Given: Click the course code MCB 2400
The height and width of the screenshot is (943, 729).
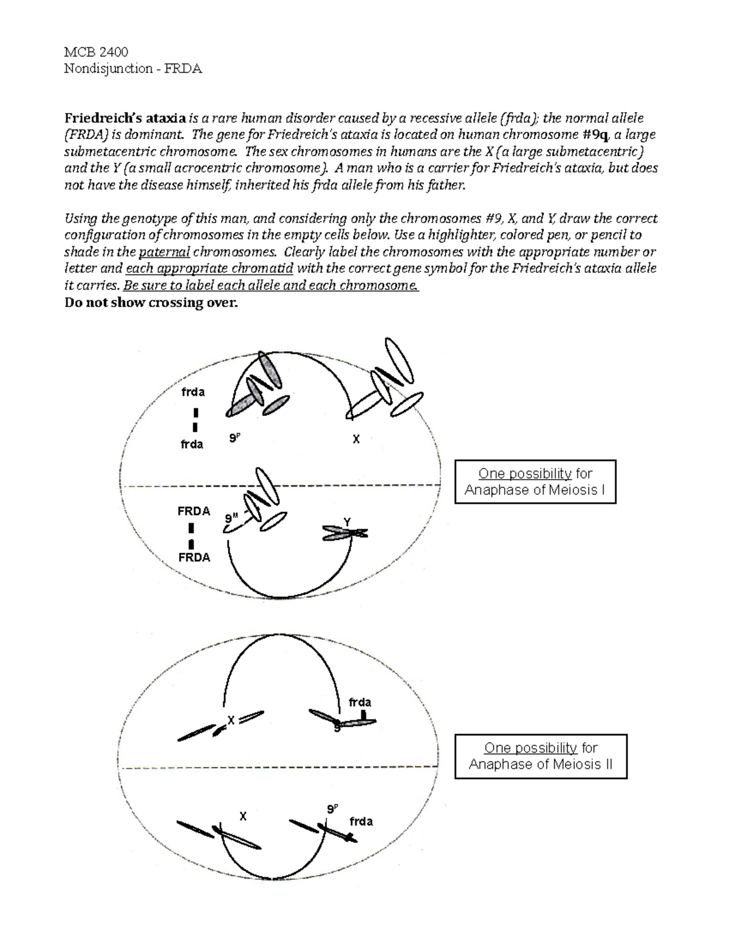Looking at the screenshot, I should (x=96, y=52).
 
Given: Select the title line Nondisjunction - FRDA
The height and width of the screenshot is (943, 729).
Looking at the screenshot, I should (x=133, y=69).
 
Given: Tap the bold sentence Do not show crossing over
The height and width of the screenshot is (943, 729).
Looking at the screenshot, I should (x=151, y=302).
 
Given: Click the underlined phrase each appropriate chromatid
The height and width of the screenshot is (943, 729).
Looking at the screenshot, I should (x=210, y=269).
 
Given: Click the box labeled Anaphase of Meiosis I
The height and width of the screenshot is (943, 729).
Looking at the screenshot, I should (x=535, y=482).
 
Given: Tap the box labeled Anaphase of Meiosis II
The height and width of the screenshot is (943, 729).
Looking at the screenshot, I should (x=540, y=757).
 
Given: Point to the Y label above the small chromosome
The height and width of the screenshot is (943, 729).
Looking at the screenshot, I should (x=347, y=522).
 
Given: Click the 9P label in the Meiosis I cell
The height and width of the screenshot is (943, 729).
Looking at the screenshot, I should (x=234, y=438).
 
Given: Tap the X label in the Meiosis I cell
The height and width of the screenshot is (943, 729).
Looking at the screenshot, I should (x=356, y=439).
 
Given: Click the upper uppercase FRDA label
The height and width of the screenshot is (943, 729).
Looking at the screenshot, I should (x=194, y=511).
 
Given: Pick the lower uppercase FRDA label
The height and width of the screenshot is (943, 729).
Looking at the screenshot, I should (x=194, y=557).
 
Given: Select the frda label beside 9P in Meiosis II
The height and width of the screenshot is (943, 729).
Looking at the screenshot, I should (x=361, y=822).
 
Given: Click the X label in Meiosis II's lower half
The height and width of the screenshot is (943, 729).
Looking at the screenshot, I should (x=243, y=817).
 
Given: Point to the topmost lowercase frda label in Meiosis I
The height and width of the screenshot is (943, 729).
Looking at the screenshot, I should (x=193, y=392).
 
